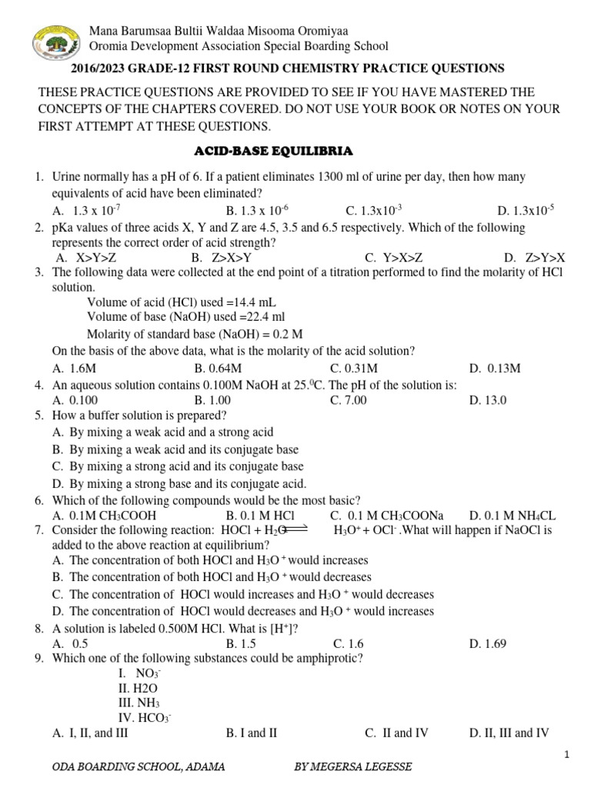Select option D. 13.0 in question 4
click(488, 400)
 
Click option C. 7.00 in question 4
click(348, 400)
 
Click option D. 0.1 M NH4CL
click(512, 516)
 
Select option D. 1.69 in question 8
click(488, 643)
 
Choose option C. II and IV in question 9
click(396, 733)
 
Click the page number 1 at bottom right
click(567, 756)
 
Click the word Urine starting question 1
click(66, 177)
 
